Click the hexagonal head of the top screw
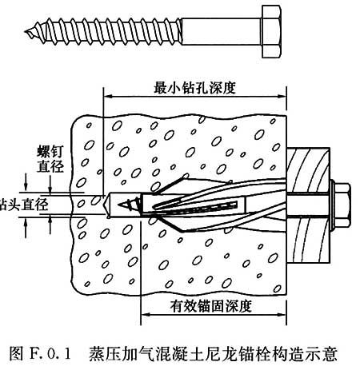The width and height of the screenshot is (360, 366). [271, 31]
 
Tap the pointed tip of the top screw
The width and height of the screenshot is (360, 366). [26, 32]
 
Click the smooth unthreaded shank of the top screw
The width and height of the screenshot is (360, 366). [222, 31]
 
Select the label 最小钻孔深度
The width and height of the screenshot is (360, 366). [194, 88]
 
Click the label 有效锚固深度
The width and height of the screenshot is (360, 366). [210, 306]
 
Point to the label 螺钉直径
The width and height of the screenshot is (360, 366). [50, 159]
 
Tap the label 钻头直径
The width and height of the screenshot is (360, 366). [24, 205]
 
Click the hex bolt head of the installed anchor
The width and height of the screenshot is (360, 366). [342, 205]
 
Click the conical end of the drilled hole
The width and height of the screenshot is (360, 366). [106, 206]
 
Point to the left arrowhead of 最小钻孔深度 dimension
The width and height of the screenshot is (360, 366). [107, 96]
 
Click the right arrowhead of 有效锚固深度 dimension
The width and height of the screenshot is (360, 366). [282, 315]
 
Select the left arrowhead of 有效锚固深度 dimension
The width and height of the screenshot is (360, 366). [145, 315]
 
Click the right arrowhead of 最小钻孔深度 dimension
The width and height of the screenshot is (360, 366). [282, 96]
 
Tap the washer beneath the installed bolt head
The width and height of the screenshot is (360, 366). [332, 205]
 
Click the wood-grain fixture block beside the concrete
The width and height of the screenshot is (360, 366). [308, 205]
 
